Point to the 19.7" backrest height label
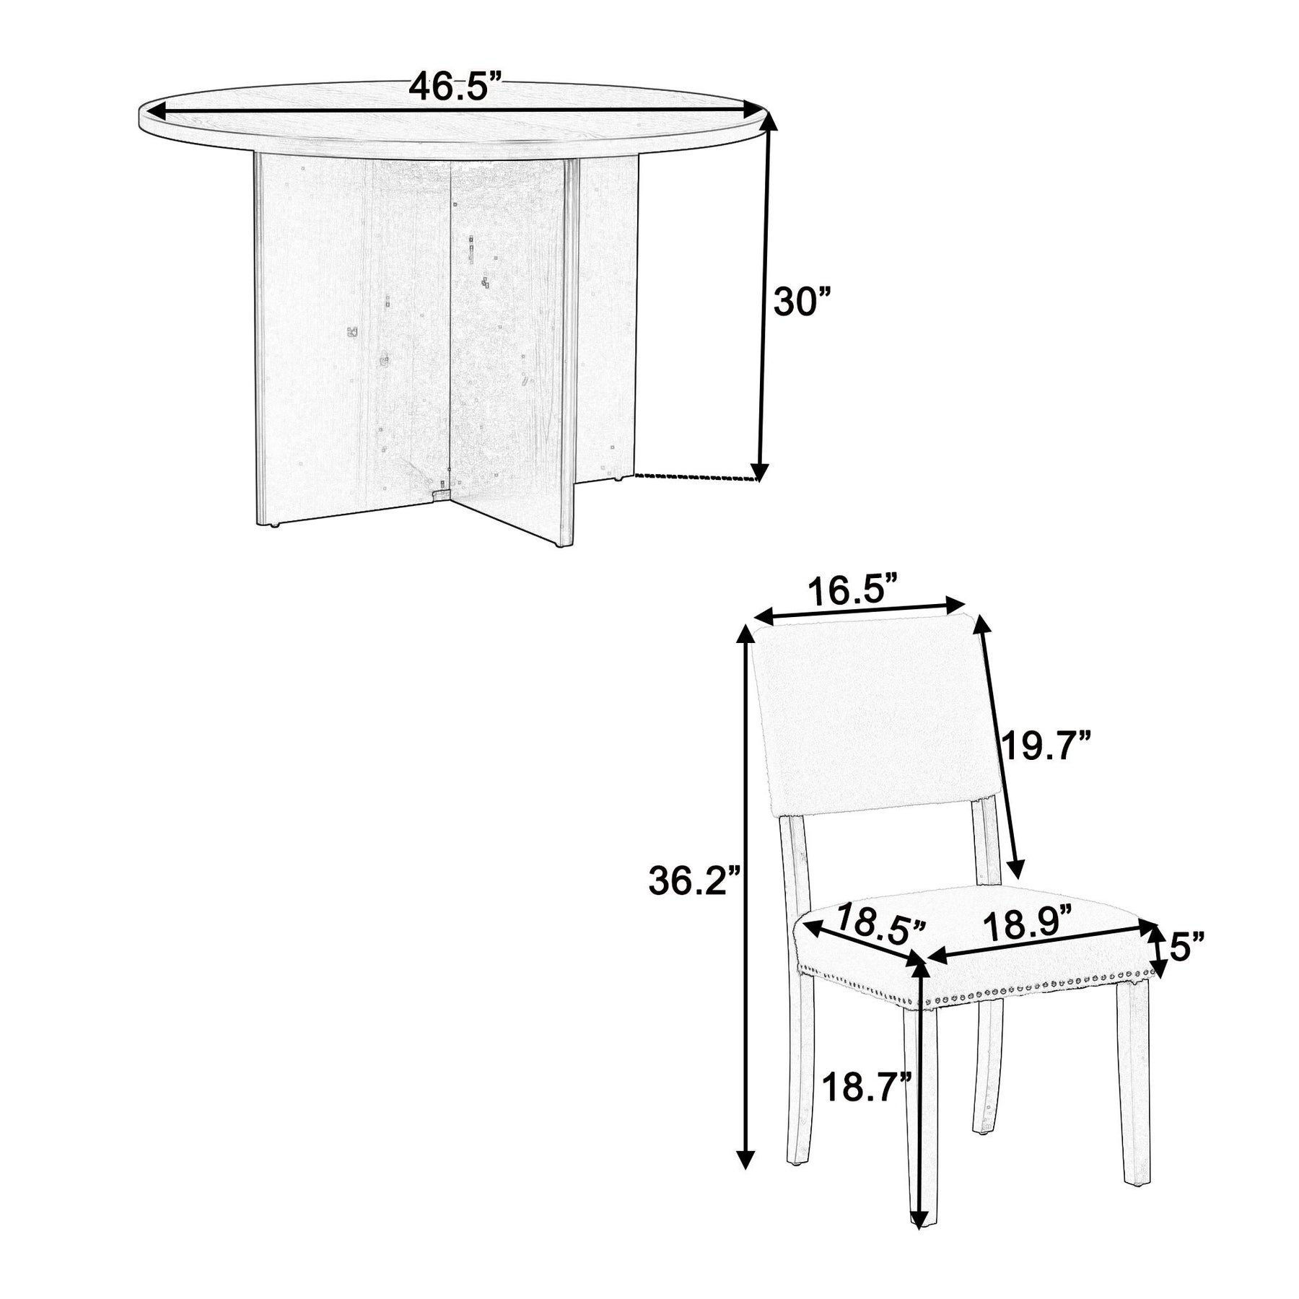click(x=1046, y=745)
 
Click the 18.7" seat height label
click(x=866, y=1107)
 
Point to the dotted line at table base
click(x=696, y=477)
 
